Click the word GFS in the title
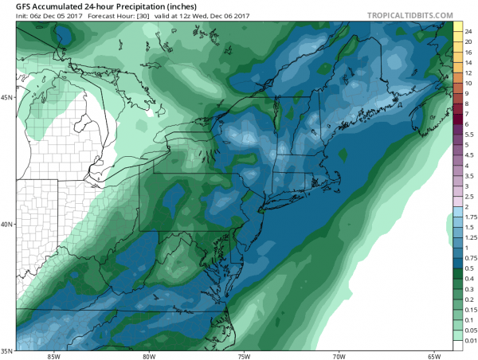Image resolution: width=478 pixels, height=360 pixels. [14, 7]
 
